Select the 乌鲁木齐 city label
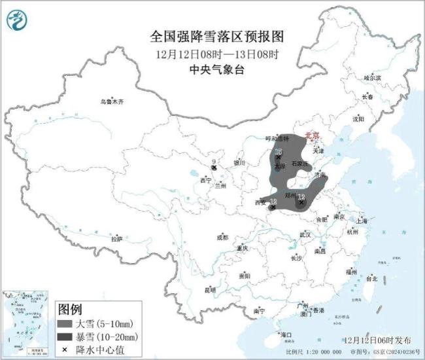(111, 101)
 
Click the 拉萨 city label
(116, 239)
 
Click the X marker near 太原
(278, 157)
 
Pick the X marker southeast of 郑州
(301, 202)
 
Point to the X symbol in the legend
(67, 349)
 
